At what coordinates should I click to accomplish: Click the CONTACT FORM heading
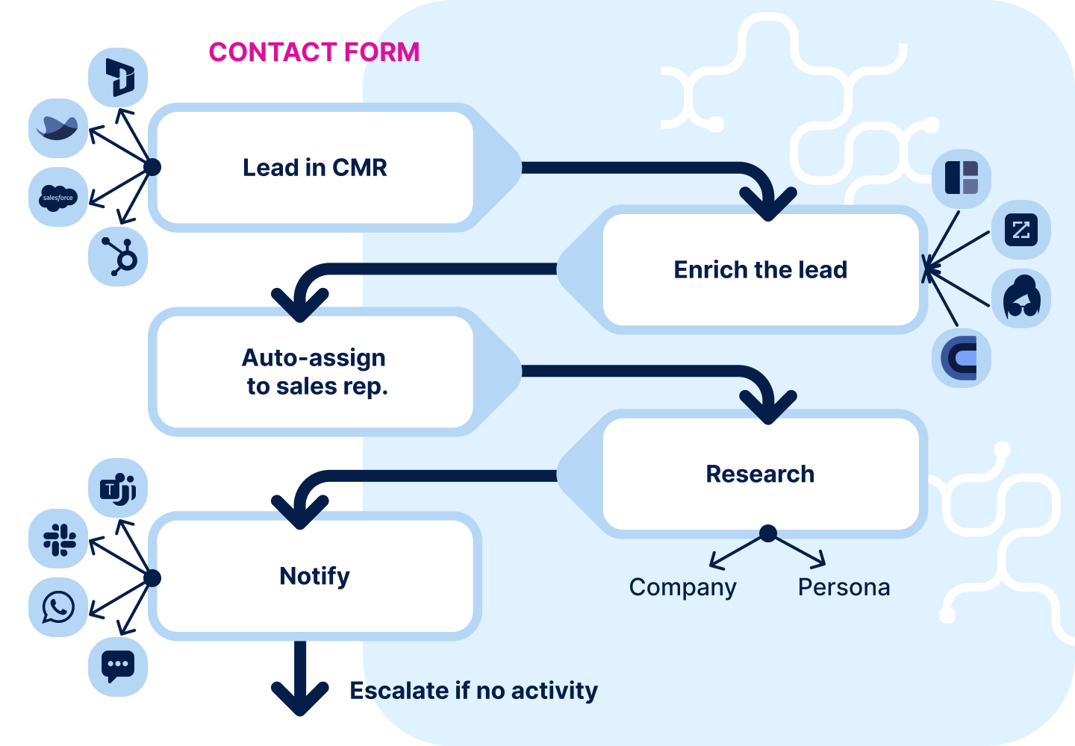(x=314, y=52)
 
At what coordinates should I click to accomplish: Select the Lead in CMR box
(x=314, y=168)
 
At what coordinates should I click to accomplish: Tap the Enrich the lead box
(x=760, y=269)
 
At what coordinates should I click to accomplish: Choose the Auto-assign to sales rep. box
(x=314, y=372)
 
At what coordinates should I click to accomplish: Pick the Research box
(x=760, y=474)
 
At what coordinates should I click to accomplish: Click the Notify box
(x=314, y=576)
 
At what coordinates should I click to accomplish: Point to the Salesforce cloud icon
(x=58, y=198)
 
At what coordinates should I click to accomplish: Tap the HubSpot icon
(x=119, y=257)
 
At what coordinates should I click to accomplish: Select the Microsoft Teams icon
(x=118, y=489)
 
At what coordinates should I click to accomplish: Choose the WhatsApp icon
(x=58, y=607)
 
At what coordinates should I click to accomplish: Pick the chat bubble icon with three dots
(x=118, y=666)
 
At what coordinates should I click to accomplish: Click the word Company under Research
(x=682, y=588)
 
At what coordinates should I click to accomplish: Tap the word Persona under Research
(x=844, y=588)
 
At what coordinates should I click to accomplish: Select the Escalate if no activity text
(x=473, y=691)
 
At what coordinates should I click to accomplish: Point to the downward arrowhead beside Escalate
(x=300, y=698)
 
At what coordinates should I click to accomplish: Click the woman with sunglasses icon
(x=1021, y=298)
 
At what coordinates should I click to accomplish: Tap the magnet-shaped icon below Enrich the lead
(x=962, y=358)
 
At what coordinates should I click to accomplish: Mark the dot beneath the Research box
(x=767, y=533)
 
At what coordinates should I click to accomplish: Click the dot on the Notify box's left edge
(x=152, y=577)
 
